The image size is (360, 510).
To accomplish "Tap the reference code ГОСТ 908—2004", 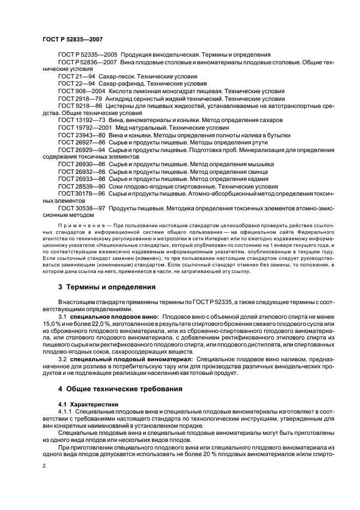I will pyautogui.click(x=80, y=91).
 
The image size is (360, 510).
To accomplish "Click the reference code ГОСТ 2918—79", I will pyautogui.click(x=80, y=99).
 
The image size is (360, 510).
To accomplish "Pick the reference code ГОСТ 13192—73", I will pyautogui.click(x=82, y=120).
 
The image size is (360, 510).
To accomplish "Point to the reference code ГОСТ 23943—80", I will pyautogui.click(x=82, y=135).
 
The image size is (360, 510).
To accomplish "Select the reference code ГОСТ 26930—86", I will pyautogui.click(x=82, y=163).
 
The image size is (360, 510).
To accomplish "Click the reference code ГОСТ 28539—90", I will pyautogui.click(x=82, y=186).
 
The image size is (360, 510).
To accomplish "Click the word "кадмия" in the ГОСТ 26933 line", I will pyautogui.click(x=255, y=178).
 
